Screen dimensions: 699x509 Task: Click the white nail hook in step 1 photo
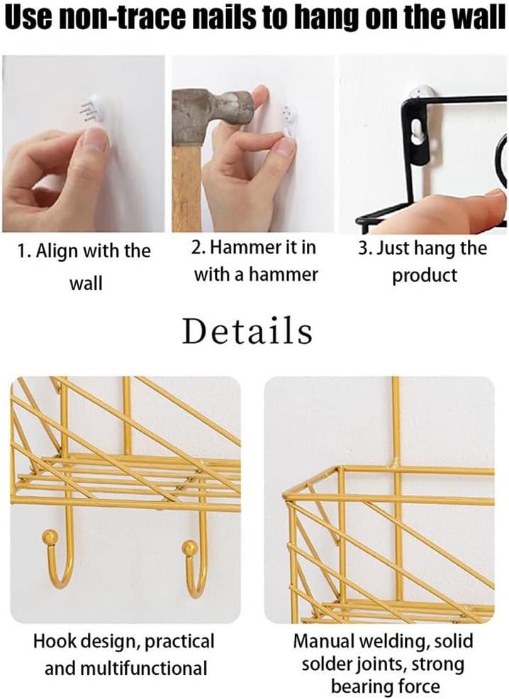pos(89,112)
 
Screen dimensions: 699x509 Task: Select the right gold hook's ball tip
pos(190,547)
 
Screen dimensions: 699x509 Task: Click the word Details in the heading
pos(247,331)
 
